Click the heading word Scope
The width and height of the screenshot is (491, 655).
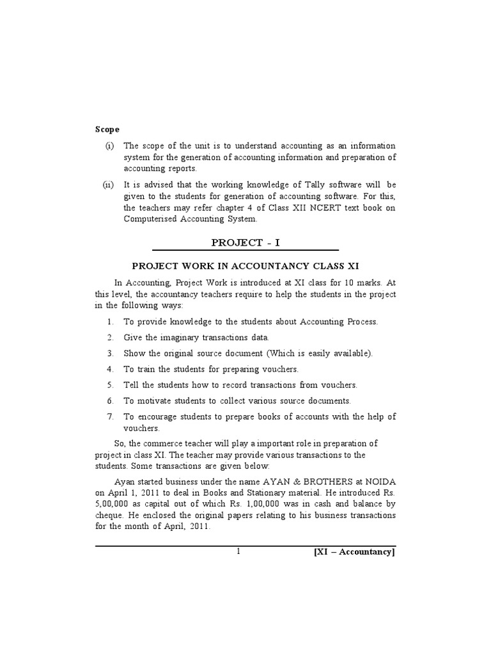click(x=107, y=129)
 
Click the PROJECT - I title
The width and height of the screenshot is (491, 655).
click(x=245, y=242)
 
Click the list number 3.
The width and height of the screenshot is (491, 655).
click(x=110, y=353)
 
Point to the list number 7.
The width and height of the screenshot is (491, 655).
click(x=110, y=416)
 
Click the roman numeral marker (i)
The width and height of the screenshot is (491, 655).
click(x=109, y=146)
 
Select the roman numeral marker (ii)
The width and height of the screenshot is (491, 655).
click(x=109, y=185)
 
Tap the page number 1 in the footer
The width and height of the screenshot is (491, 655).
click(x=238, y=552)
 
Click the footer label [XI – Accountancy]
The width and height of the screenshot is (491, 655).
click(x=354, y=552)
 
